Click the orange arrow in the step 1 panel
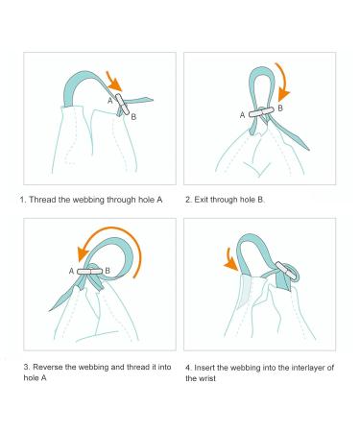click(114, 83)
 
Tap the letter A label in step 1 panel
click(110, 101)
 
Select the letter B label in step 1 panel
click(133, 117)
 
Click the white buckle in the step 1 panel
click(123, 104)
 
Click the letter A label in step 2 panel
click(242, 115)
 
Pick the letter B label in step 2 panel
click(280, 108)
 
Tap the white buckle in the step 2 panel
click(261, 112)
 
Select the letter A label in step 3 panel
click(71, 271)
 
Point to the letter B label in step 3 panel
click(108, 271)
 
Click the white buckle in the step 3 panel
click(89, 272)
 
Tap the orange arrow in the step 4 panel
click(229, 259)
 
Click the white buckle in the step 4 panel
click(284, 270)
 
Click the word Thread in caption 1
click(40, 200)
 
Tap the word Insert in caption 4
click(204, 368)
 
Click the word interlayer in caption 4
click(308, 368)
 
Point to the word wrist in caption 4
click(207, 378)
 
